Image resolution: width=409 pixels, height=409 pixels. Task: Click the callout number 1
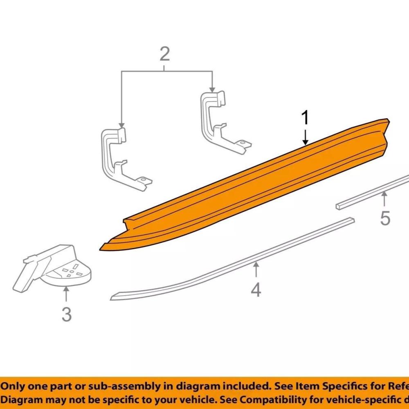(305, 119)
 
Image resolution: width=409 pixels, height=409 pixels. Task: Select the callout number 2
(164, 54)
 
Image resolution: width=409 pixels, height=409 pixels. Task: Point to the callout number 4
(256, 290)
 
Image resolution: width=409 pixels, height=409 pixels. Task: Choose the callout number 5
(385, 218)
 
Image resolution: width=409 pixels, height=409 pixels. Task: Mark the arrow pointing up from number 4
(256, 272)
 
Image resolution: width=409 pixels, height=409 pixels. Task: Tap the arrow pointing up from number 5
(384, 201)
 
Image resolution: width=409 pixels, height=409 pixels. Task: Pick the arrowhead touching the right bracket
(212, 90)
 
